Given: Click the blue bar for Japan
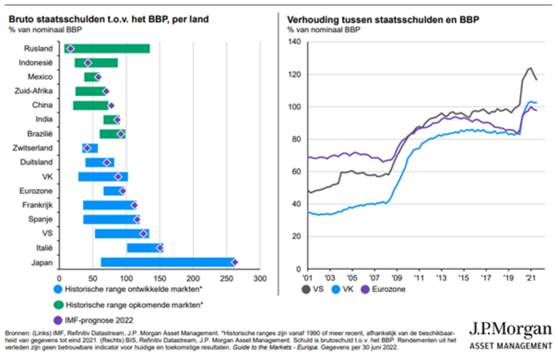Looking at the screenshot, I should coord(143,262).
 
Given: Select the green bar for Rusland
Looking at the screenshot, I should coord(107,49).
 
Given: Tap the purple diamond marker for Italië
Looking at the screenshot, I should coord(160,248).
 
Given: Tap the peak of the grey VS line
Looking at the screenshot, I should coord(530,68).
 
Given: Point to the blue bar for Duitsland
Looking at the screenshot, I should coord(99,162).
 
